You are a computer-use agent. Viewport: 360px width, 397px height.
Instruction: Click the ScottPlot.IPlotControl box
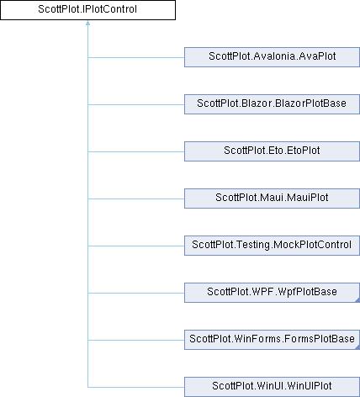[87, 10]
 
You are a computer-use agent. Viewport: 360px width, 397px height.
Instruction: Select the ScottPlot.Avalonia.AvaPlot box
[272, 57]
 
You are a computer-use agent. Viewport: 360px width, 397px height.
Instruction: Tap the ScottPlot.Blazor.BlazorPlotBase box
[272, 104]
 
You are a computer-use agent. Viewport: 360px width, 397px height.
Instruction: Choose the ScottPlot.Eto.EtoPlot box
[272, 151]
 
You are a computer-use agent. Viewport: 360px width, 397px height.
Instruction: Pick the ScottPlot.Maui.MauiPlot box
[272, 198]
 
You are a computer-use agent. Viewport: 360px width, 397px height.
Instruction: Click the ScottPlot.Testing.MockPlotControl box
[272, 246]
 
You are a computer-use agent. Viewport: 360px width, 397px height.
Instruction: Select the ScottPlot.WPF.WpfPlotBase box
[272, 293]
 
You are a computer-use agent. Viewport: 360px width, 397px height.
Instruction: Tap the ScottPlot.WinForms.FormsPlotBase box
[272, 340]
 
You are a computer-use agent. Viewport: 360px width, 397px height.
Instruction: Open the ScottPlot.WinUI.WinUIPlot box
[272, 387]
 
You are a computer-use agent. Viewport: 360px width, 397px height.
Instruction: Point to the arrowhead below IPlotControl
[87, 23]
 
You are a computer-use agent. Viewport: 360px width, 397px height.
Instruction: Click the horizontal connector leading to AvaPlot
[136, 57]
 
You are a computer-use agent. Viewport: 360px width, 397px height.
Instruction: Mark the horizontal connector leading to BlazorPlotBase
[136, 104]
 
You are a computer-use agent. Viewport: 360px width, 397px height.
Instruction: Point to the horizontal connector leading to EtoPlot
[136, 151]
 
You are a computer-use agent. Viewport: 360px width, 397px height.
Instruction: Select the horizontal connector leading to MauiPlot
[136, 198]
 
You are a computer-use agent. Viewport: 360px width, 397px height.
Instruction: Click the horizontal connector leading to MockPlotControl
[136, 246]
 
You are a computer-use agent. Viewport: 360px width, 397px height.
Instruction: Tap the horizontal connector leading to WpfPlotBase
[136, 293]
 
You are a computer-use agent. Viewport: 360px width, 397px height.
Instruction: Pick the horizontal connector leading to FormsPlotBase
[136, 340]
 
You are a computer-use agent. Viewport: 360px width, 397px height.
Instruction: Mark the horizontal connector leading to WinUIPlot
[136, 387]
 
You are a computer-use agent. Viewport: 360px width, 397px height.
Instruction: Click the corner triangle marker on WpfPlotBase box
[357, 300]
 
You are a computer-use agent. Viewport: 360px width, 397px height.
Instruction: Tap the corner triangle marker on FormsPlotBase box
[357, 347]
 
